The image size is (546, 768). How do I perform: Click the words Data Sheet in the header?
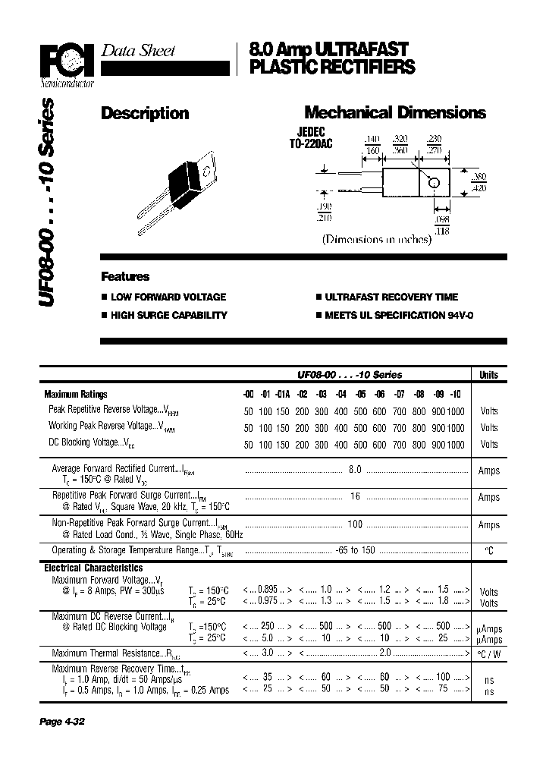[x=138, y=51]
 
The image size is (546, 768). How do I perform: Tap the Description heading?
[x=145, y=114]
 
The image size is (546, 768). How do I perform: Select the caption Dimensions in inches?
[x=377, y=239]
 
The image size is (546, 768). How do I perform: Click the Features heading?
[x=125, y=277]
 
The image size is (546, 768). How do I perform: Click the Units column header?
[x=489, y=375]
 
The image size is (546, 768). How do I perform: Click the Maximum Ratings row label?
[x=76, y=394]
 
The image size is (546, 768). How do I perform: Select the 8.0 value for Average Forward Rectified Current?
[x=355, y=470]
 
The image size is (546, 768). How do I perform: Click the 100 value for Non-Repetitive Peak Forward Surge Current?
[x=354, y=524]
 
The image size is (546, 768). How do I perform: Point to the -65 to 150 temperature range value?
[x=354, y=549]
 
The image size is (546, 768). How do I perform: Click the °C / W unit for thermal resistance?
[x=489, y=653]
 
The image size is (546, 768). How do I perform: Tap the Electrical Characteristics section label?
[x=93, y=568]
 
